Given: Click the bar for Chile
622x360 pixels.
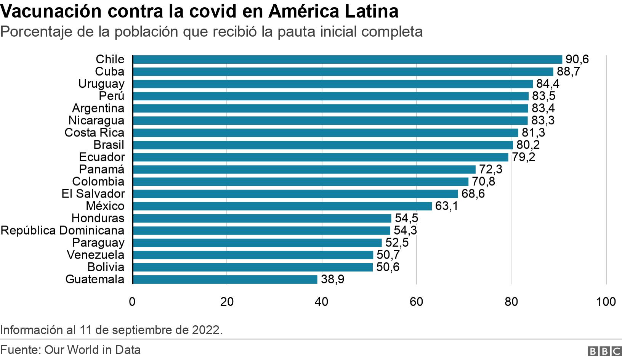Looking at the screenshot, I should click(x=347, y=59).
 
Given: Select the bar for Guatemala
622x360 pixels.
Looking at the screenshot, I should click(x=225, y=280).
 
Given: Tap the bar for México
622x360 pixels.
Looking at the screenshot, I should click(x=282, y=206).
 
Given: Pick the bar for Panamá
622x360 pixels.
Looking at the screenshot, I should click(x=304, y=169).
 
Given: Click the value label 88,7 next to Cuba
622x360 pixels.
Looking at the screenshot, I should click(x=568, y=72).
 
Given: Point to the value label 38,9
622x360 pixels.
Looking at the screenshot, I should click(x=332, y=280).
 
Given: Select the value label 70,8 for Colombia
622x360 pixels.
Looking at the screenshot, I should click(x=483, y=182).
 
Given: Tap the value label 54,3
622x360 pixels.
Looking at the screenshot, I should click(x=405, y=230).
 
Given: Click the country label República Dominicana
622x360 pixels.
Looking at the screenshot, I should click(x=63, y=230).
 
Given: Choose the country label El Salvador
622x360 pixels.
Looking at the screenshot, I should click(x=93, y=194).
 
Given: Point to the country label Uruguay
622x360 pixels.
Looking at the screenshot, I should click(x=101, y=84).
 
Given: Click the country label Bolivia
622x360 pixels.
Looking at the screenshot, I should click(x=106, y=267).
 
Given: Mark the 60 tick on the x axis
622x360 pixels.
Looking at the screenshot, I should click(x=416, y=302).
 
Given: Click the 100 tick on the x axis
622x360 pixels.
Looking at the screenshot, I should click(x=606, y=302).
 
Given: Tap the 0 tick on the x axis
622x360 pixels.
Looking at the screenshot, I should click(x=132, y=302).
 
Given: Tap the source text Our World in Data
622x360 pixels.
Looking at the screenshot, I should click(x=93, y=350).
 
